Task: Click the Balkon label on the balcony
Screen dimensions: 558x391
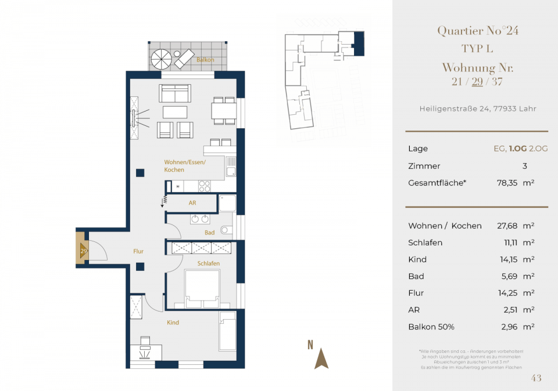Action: coord(205,60)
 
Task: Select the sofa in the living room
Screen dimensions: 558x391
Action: coord(175,93)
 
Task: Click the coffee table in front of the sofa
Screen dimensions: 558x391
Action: coord(175,112)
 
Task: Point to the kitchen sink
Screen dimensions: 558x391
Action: coord(231,167)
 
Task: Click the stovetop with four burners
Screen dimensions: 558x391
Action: coord(204,186)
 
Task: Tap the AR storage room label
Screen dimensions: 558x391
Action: coord(192,203)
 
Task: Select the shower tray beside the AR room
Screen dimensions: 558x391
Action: coord(227,204)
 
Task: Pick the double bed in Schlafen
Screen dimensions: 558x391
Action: coord(202,289)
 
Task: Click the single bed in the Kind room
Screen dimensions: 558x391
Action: coord(227,331)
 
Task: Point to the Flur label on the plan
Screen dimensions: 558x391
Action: coord(138,251)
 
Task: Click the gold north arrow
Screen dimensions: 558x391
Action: coord(321,359)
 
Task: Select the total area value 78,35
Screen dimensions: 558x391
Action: coord(507,183)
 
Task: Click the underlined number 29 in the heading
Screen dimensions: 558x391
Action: coord(477,82)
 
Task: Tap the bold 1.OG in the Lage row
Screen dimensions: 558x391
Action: coord(517,149)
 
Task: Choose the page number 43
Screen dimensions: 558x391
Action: coord(536,378)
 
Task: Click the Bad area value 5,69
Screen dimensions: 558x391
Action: coord(509,276)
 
